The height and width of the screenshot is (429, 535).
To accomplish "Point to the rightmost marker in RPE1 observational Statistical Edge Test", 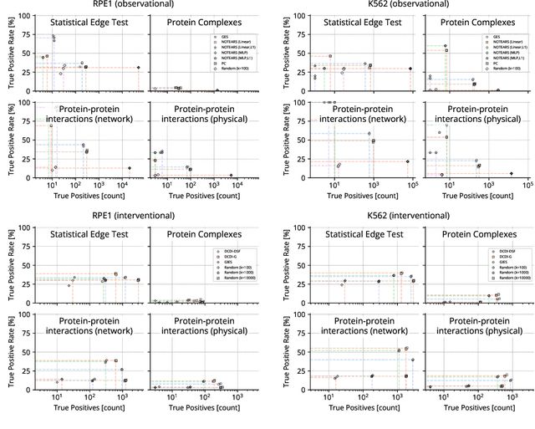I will [138, 68].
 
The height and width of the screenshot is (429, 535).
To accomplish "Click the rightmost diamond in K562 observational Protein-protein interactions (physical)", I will [512, 173].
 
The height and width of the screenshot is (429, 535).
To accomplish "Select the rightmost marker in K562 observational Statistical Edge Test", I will [410, 69].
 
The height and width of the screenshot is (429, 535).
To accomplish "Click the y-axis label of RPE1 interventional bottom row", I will [8, 351].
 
